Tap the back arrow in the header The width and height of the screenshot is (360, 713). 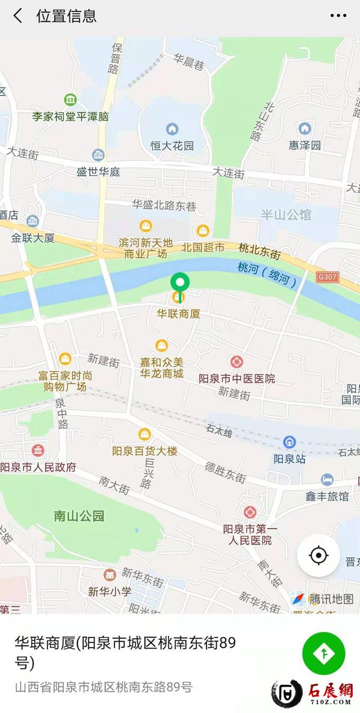18,16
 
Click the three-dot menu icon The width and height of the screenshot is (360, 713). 338,16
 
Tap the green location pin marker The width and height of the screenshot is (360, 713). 179,282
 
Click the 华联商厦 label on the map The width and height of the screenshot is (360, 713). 178,313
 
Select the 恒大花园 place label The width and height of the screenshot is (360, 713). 172,146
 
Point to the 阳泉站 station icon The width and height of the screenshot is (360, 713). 290,443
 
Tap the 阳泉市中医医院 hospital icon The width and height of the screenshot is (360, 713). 236,363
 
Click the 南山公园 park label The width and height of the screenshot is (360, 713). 79,516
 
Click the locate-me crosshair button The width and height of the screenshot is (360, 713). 319,555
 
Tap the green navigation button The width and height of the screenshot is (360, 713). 324,654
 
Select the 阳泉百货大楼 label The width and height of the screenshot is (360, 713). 145,451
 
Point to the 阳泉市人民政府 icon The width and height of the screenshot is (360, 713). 38,450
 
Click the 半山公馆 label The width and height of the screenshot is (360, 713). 286,215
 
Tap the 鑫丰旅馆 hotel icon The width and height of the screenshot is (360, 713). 327,480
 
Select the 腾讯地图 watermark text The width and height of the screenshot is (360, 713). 331,598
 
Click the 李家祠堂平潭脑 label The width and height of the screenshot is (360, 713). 71,116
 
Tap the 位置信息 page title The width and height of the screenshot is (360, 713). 67,16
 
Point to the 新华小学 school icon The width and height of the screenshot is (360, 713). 109,574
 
